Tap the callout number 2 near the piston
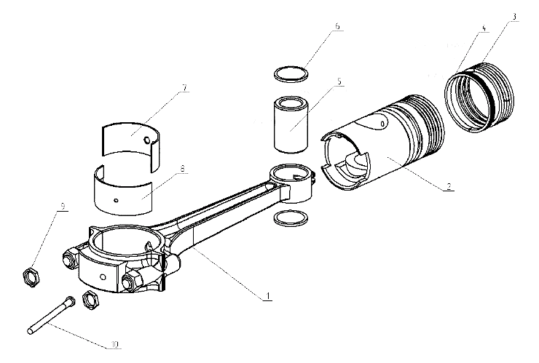pos(449,186)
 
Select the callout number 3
pos(514,17)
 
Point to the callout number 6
pos(337,26)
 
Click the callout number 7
pos(184,88)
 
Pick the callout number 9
pos(63,207)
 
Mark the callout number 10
pos(114,344)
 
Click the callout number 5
pos(339,81)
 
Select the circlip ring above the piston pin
pos(291,74)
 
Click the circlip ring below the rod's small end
pos(291,219)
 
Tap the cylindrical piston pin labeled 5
pos(291,124)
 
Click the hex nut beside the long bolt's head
pos(91,300)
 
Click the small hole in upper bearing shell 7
pos(147,140)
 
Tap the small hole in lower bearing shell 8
pos(117,200)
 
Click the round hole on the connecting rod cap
pos(103,276)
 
